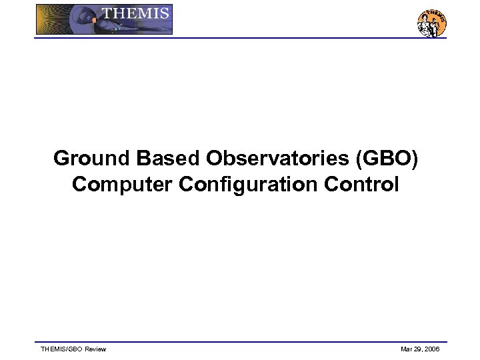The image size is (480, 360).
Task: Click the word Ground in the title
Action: click(91, 159)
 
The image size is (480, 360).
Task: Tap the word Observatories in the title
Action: click(278, 159)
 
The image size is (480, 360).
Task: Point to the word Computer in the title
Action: click(122, 184)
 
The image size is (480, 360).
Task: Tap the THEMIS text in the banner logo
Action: click(135, 13)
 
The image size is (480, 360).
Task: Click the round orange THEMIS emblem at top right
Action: click(431, 23)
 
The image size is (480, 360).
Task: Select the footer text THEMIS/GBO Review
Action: click(73, 349)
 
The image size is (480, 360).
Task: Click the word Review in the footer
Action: click(95, 349)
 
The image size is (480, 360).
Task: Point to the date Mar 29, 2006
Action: click(420, 349)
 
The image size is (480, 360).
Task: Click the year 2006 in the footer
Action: click(432, 349)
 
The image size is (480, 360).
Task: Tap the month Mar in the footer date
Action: click(406, 349)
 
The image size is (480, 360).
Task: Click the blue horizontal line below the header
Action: click(240, 38)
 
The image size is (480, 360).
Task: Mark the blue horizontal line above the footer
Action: click(240, 342)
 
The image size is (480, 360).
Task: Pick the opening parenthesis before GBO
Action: click(360, 159)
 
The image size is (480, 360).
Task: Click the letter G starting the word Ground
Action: click(61, 159)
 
